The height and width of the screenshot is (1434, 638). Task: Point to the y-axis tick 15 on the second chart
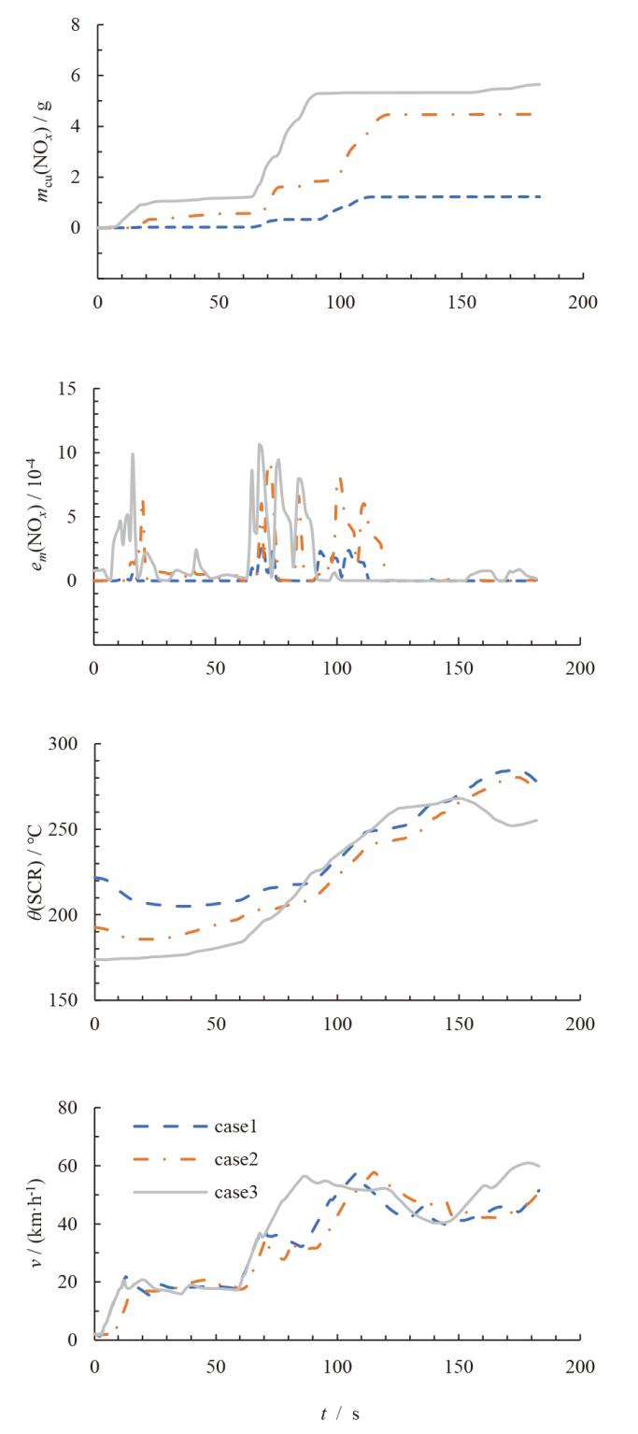pyautogui.click(x=66, y=389)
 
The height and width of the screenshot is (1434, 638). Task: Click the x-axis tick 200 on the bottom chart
pyautogui.click(x=580, y=1366)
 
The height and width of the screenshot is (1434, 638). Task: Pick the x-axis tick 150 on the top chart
pyautogui.click(x=461, y=303)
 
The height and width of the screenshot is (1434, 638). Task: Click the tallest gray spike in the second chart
pyautogui.click(x=260, y=445)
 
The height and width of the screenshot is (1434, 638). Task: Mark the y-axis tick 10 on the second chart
pyautogui.click(x=66, y=453)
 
